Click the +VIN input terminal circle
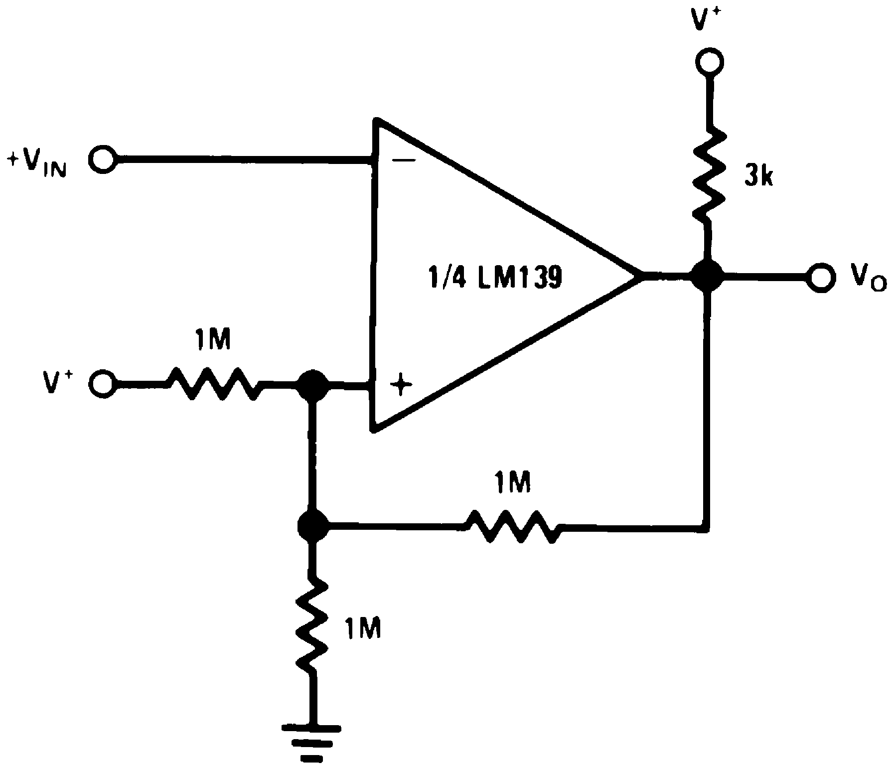[x=103, y=160]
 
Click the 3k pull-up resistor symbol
[x=709, y=174]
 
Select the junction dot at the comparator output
[x=707, y=276]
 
